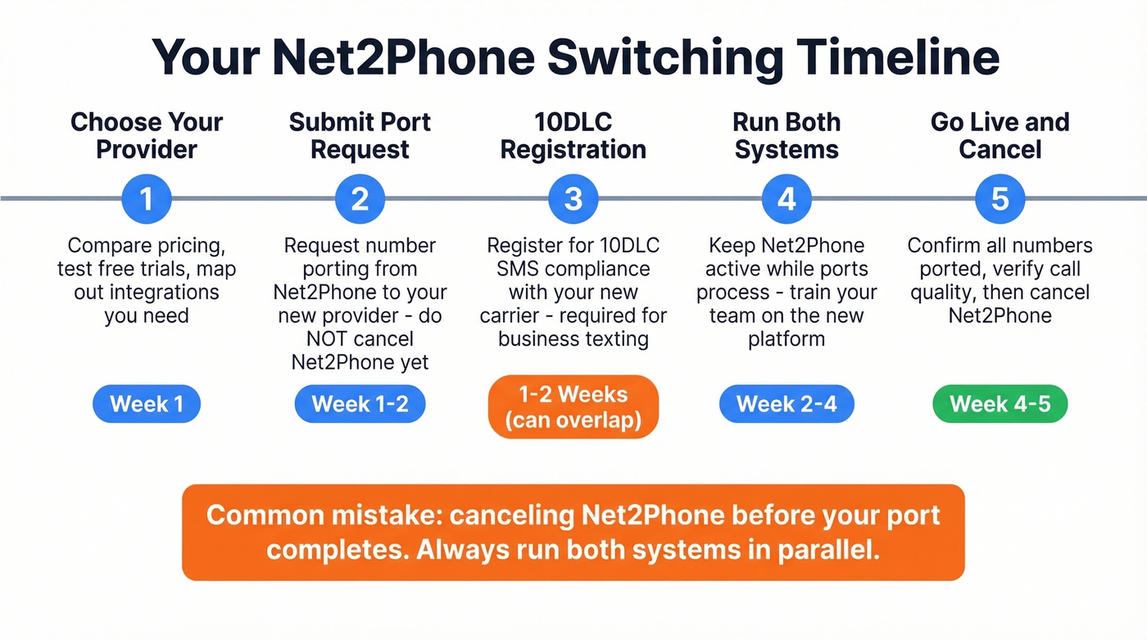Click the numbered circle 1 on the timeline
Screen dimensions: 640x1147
click(x=147, y=199)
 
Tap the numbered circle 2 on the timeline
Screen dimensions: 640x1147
click(x=360, y=199)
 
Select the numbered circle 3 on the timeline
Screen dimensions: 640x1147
click(x=573, y=199)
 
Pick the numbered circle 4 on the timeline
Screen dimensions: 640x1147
click(x=787, y=199)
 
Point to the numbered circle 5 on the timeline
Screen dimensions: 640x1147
click(x=1000, y=199)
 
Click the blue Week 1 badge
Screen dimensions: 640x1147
click(x=147, y=404)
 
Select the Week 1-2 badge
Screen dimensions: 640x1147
click(x=360, y=404)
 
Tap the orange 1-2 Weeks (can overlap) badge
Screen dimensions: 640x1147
click(x=573, y=407)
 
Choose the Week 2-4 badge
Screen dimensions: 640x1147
click(x=787, y=404)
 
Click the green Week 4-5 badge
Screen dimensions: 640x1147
click(x=1000, y=404)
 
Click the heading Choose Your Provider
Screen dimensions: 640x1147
click(x=147, y=136)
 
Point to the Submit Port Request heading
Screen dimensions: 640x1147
click(x=360, y=136)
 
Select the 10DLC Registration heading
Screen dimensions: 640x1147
click(x=573, y=136)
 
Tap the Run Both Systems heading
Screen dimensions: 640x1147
click(x=787, y=136)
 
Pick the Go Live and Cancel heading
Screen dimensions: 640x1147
click(x=1000, y=136)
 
